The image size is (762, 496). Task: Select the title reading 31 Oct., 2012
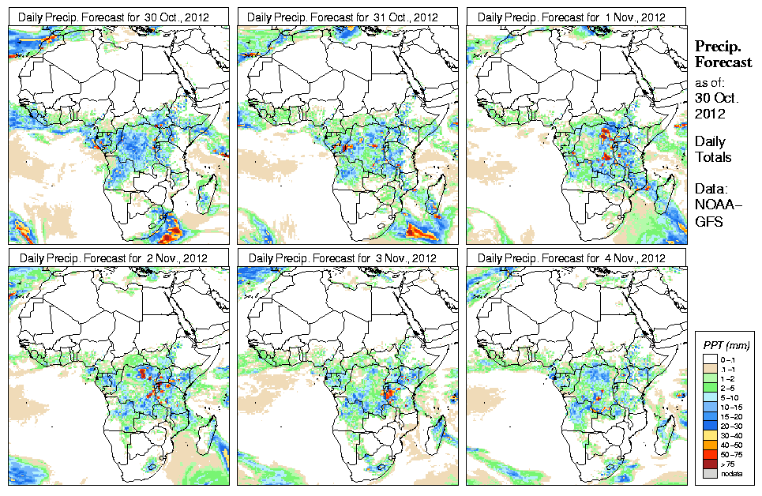[x=347, y=17]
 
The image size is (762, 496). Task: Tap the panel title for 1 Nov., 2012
[x=576, y=17]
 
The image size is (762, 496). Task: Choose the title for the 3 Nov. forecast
[x=347, y=257]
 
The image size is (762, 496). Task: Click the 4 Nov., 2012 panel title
[x=576, y=257]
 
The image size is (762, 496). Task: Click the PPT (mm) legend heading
[x=727, y=345]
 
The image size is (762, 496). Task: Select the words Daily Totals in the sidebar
[x=713, y=149]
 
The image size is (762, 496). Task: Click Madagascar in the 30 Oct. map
[x=209, y=190]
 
